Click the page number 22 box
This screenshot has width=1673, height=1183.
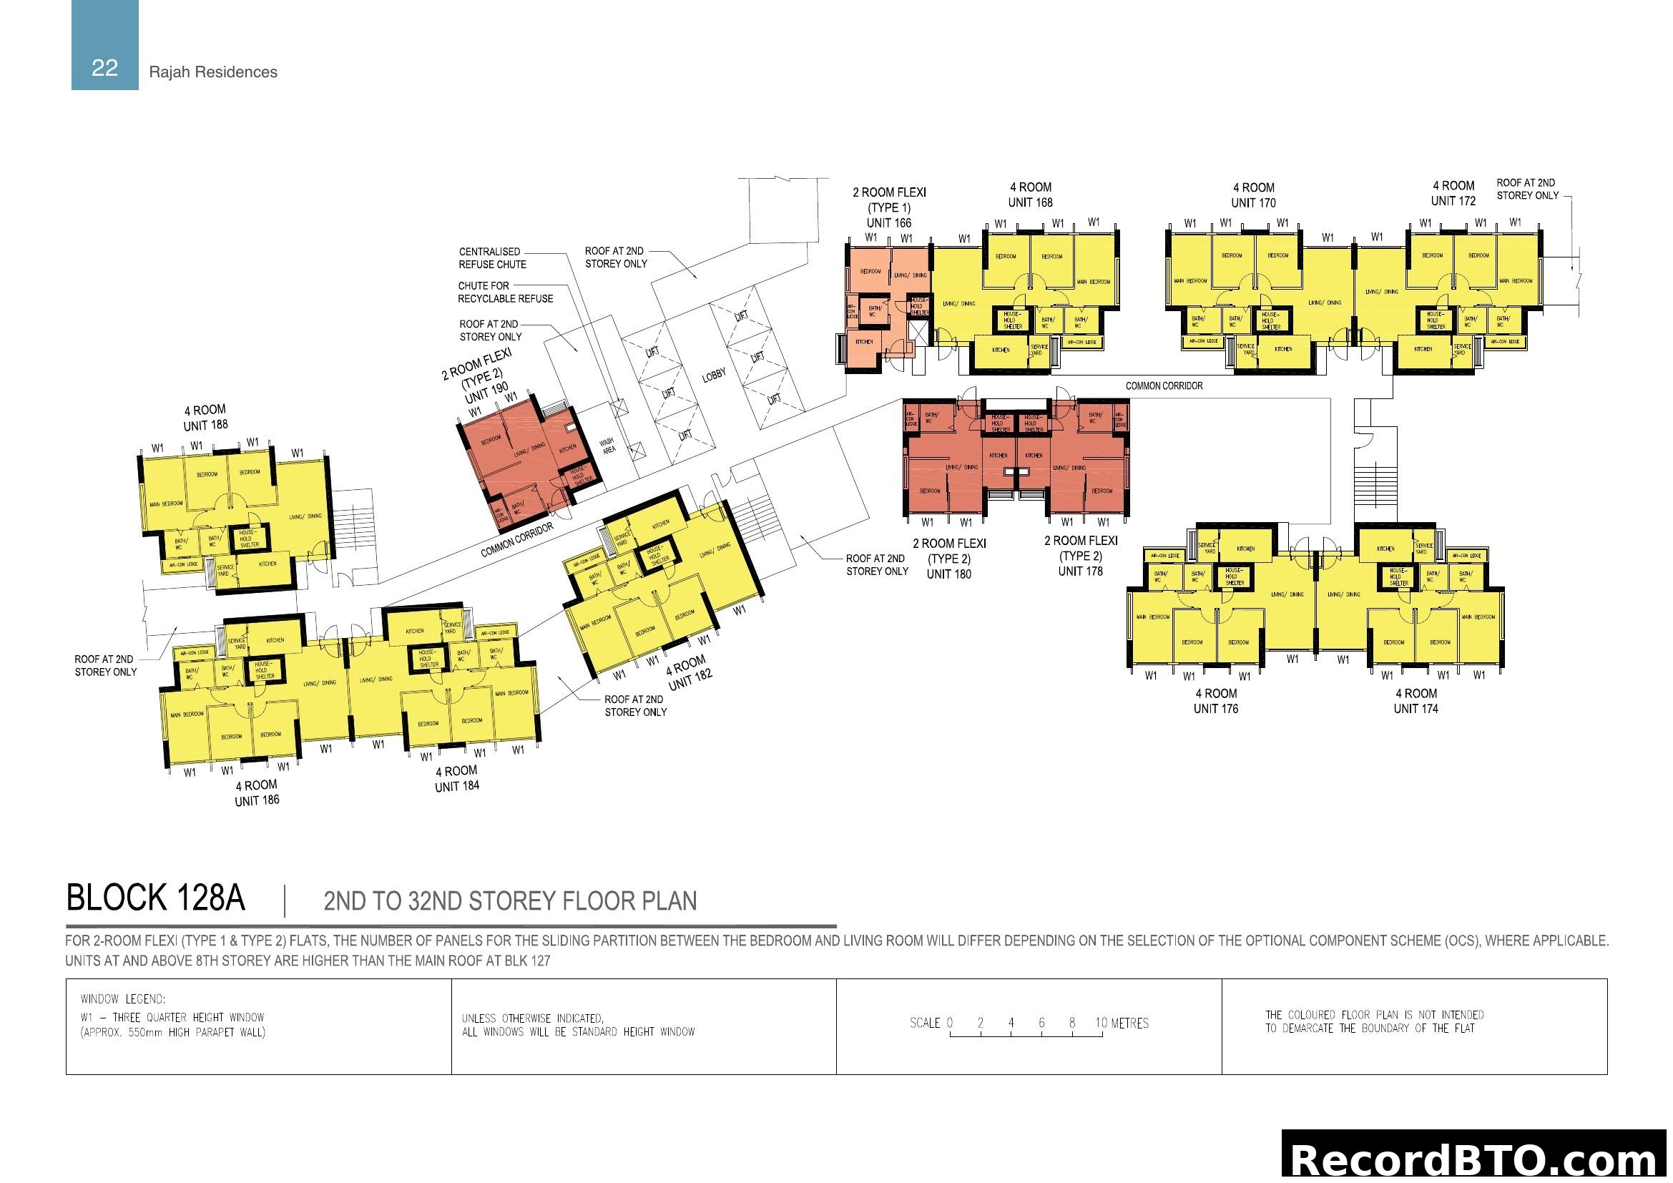[x=105, y=45]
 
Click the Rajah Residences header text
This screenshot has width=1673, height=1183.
[x=212, y=72]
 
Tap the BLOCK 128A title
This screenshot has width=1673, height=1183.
[x=155, y=898]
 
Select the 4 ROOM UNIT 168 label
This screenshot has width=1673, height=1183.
[x=1029, y=195]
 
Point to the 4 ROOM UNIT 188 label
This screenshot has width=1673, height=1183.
[x=205, y=418]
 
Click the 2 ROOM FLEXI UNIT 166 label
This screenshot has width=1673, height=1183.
[x=889, y=207]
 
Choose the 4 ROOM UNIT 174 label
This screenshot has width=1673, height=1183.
[x=1415, y=701]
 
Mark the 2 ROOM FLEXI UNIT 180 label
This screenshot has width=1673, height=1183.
[x=948, y=559]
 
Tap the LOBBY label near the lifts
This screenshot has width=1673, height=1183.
[x=713, y=374]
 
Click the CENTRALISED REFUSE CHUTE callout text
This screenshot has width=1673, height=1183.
[x=492, y=258]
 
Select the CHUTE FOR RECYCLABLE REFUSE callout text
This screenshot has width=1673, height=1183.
[x=505, y=292]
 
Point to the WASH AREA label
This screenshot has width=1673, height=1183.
[x=608, y=445]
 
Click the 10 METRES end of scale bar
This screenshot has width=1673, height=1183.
[x=1122, y=1024]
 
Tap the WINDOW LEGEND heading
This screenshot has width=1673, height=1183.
[x=123, y=999]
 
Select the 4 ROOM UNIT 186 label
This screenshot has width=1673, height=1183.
[x=257, y=792]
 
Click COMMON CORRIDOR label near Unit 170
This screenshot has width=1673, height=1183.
[x=1164, y=386]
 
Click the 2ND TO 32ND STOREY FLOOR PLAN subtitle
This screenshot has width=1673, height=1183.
[x=509, y=902]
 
